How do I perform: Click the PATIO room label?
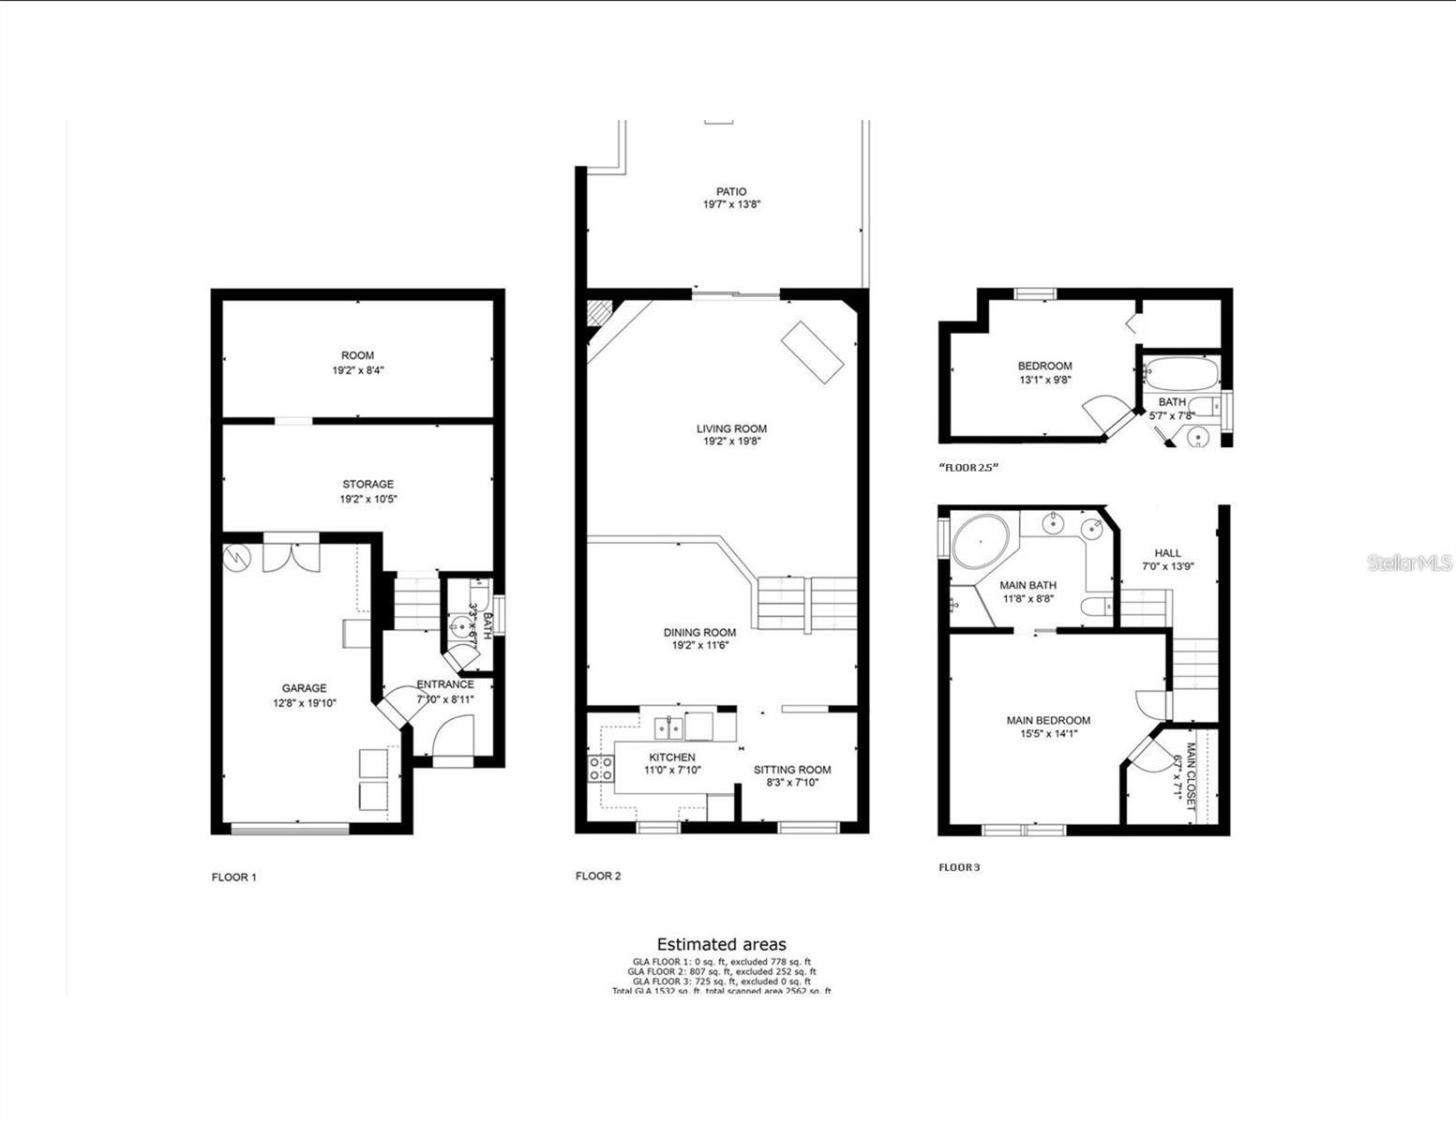[731, 192]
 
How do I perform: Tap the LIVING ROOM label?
[731, 428]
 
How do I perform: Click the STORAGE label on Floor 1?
[368, 485]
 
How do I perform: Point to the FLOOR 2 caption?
[598, 876]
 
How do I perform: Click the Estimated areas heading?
[721, 944]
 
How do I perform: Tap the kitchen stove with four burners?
[601, 769]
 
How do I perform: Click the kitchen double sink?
[668, 727]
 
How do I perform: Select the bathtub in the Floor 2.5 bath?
[1180, 375]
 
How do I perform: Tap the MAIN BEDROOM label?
[1048, 720]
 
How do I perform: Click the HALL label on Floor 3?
[1167, 553]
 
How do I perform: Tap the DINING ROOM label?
[699, 632]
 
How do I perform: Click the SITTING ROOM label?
[792, 770]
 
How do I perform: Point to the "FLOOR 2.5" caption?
[968, 467]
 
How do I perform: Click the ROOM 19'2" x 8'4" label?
[357, 355]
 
